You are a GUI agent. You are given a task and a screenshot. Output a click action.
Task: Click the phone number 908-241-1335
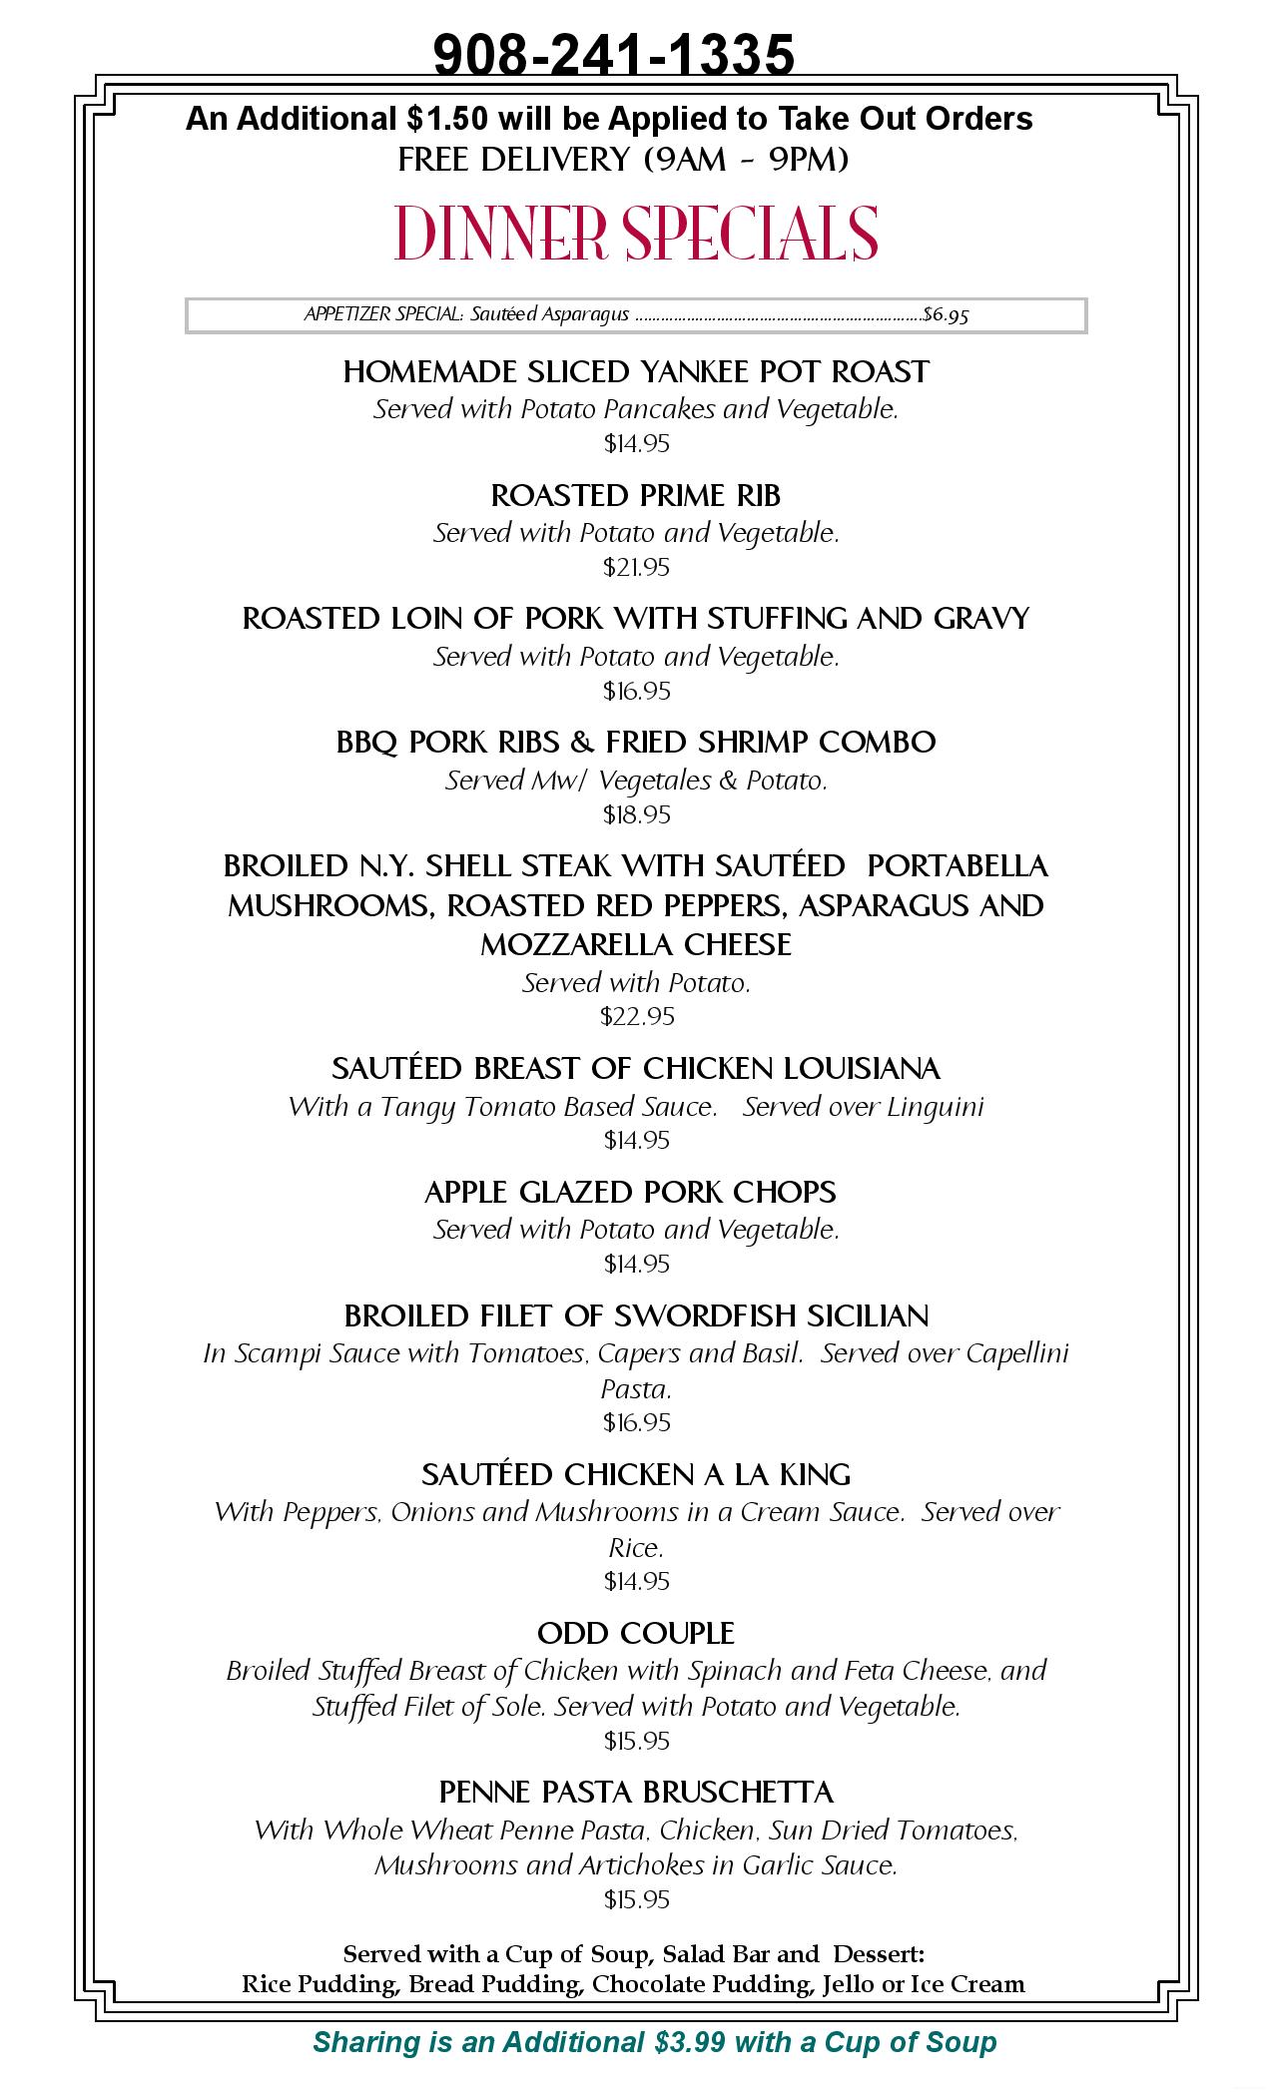[x=614, y=54]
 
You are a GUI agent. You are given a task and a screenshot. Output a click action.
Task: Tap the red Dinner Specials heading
[x=636, y=234]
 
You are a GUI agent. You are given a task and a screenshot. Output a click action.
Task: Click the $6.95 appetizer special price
[x=946, y=315]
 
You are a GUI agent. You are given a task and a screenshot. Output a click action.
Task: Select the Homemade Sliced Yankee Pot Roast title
[x=636, y=372]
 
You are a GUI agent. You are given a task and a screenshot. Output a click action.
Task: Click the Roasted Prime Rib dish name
[x=636, y=495]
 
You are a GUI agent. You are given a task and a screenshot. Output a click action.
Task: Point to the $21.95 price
[x=636, y=568]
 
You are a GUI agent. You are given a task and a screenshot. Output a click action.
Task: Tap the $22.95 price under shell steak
[x=636, y=1017]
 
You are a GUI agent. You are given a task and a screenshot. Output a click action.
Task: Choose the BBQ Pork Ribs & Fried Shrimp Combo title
[x=636, y=743]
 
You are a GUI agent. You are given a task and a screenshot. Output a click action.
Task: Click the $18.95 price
[x=636, y=815]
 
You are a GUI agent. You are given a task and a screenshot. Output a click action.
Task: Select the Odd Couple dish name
[x=636, y=1634]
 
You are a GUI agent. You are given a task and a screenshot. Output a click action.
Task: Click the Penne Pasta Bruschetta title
[x=636, y=1793]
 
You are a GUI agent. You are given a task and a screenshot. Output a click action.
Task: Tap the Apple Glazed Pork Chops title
[x=630, y=1192]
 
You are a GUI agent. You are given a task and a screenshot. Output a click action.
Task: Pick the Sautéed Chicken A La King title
[x=636, y=1474]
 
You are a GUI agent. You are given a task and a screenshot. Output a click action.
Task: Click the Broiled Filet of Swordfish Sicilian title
[x=636, y=1315]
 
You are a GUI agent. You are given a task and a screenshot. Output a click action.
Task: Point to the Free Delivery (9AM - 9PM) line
[x=623, y=160]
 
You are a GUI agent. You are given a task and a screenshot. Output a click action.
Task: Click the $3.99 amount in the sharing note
[x=691, y=2042]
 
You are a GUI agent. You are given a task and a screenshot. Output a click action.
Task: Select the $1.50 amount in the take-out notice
[x=448, y=119]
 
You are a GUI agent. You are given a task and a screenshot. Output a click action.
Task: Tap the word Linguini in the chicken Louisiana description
[x=943, y=1107]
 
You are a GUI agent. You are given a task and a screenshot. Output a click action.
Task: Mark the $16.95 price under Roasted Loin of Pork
[x=636, y=692]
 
